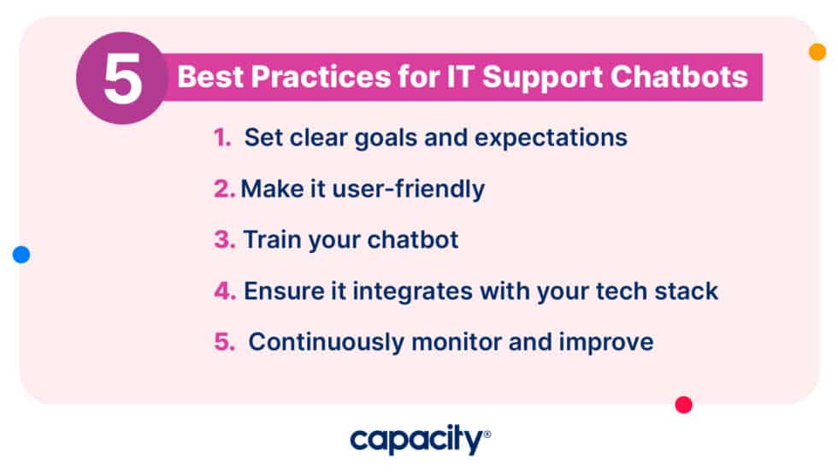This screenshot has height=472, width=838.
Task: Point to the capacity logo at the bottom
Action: (x=419, y=440)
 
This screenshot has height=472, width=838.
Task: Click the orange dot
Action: (x=817, y=52)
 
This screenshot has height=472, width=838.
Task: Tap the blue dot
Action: (x=21, y=254)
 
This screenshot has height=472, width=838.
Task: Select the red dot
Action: (x=683, y=405)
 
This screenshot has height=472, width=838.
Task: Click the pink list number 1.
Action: (x=221, y=138)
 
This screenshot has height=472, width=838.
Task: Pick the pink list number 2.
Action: (x=224, y=189)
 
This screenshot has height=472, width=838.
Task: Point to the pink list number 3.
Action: (x=224, y=240)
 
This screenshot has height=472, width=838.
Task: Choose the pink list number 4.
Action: (x=224, y=292)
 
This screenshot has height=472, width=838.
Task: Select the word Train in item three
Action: (x=269, y=240)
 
